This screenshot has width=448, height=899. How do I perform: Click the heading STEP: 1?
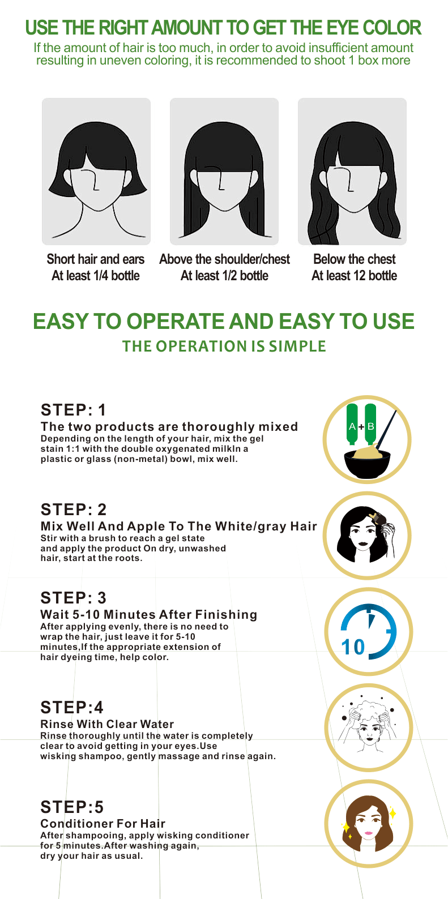point(73,410)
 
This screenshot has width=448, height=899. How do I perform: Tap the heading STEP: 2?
point(74,510)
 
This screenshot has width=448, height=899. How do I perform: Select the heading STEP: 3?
point(73,598)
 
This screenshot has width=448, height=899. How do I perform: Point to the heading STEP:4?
point(72,707)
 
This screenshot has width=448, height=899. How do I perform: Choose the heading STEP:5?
point(72,807)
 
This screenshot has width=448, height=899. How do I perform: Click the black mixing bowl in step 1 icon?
point(368,464)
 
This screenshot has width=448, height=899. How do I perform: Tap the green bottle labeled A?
point(352,424)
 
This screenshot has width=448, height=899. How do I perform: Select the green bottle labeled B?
point(370,424)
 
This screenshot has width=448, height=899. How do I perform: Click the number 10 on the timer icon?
point(353,647)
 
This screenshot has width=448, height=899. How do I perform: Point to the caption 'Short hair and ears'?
point(96,259)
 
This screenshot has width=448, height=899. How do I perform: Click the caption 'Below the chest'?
point(355,259)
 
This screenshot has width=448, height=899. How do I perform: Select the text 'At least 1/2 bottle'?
point(224,276)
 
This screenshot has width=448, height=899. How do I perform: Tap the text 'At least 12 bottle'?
point(355,276)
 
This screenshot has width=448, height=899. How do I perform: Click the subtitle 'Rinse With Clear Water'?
point(107,724)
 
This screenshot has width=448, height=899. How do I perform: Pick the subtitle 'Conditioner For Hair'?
point(103,824)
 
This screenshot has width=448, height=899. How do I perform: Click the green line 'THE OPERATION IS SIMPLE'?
point(224,346)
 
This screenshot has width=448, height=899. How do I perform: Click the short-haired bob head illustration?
point(96,172)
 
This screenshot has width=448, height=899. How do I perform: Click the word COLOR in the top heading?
point(392,28)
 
